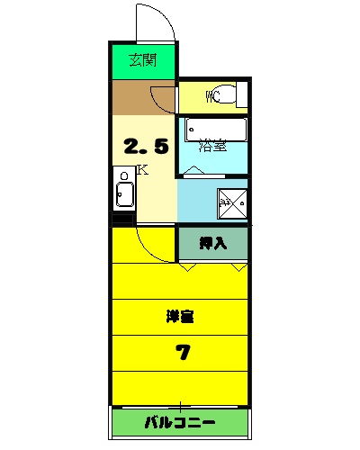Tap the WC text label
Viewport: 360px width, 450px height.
coord(213,96)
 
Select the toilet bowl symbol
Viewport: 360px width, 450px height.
coord(231,96)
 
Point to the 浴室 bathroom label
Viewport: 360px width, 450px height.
coord(212,145)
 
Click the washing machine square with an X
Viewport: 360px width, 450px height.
coord(230,202)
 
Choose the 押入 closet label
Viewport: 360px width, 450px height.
coord(212,243)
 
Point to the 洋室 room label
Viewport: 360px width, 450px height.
coord(180,317)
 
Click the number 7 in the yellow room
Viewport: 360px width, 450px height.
coord(183,352)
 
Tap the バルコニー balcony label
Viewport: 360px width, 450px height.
coord(180,422)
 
